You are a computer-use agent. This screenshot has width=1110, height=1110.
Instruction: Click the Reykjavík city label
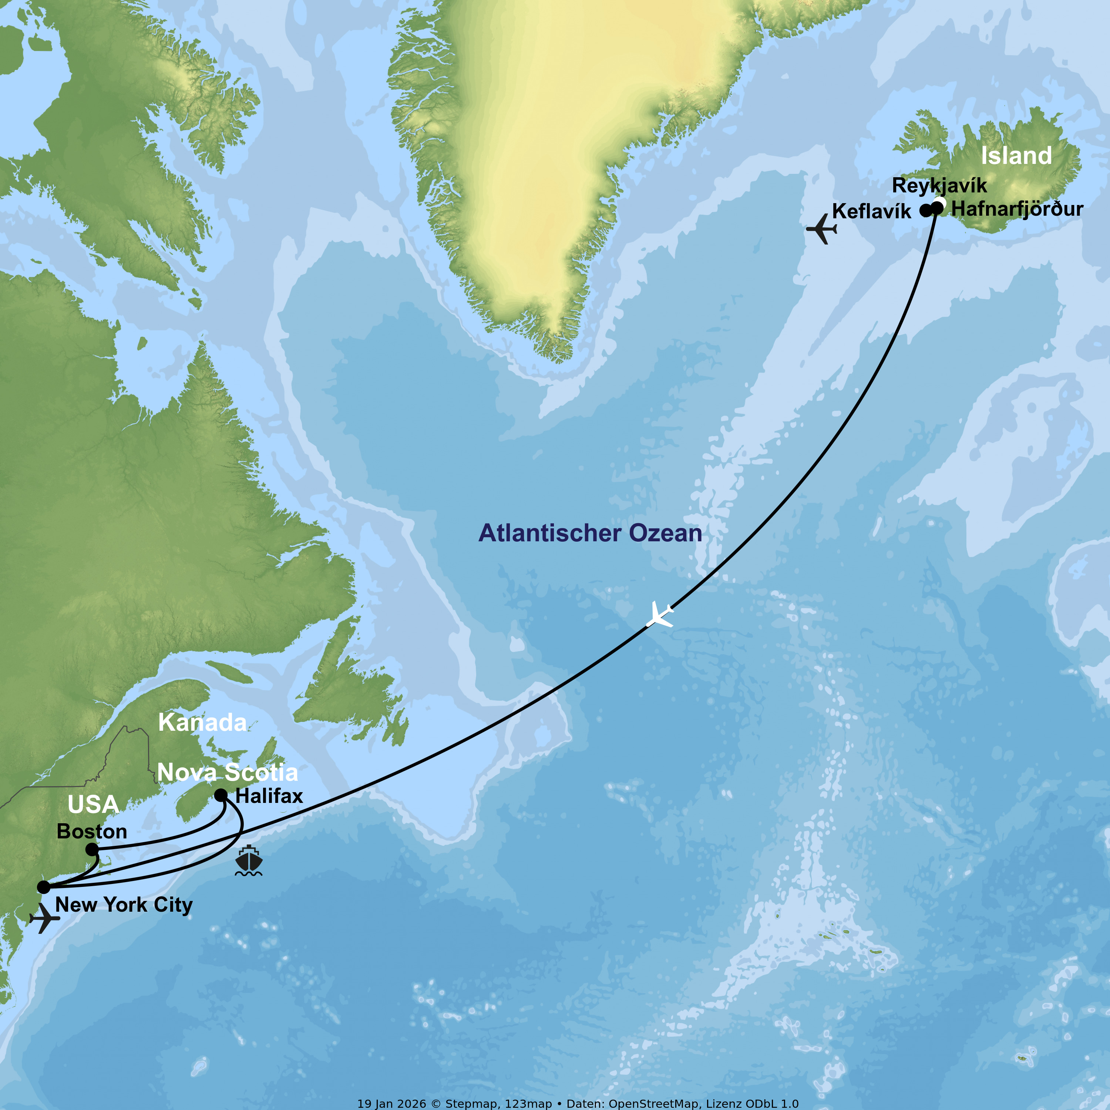939,186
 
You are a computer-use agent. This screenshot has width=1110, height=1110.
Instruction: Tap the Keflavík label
871,211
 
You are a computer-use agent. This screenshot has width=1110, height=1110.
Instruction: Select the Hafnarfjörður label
1017,209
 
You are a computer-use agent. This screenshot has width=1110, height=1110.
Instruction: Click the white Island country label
1016,156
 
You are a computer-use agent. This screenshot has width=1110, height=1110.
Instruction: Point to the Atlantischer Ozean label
590,533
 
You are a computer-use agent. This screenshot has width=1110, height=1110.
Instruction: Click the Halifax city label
269,796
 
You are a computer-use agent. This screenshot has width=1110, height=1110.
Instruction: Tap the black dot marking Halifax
221,795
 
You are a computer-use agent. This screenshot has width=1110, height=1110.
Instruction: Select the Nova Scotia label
228,772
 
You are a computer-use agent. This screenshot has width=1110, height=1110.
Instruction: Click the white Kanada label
202,723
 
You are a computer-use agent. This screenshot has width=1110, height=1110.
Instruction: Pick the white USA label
93,805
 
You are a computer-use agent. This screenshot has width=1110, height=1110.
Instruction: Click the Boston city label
92,831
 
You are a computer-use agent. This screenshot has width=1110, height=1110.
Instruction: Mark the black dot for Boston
92,849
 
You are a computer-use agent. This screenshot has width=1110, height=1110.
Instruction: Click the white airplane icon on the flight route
660,615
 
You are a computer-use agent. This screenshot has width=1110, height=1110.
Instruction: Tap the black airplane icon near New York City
44,918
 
